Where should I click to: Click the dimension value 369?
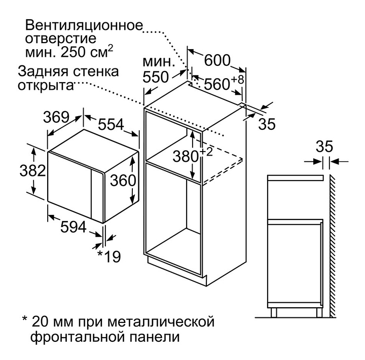pyautogui.click(x=55, y=117)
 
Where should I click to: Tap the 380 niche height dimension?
pyautogui.click(x=187, y=155)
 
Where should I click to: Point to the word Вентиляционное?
pyautogui.click(x=84, y=25)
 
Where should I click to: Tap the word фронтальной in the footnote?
pyautogui.click(x=76, y=336)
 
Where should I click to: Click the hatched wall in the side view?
pyautogui.click(x=335, y=243)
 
